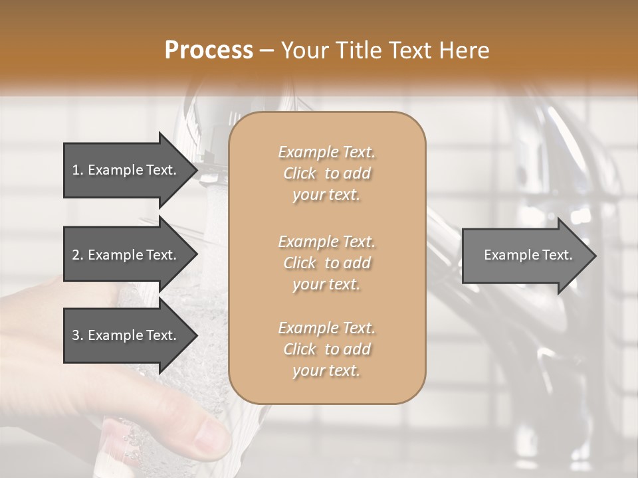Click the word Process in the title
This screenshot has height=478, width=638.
(209, 50)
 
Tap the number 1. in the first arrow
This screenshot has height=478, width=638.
(78, 170)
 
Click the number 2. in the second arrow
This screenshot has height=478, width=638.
(78, 255)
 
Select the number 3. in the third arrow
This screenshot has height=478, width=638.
(78, 335)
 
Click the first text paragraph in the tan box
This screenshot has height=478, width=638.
(326, 173)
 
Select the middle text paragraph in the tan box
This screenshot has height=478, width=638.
(326, 262)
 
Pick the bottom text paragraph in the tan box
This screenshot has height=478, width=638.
(326, 349)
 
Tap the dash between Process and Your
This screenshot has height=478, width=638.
(267, 50)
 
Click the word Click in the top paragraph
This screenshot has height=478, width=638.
(299, 173)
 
